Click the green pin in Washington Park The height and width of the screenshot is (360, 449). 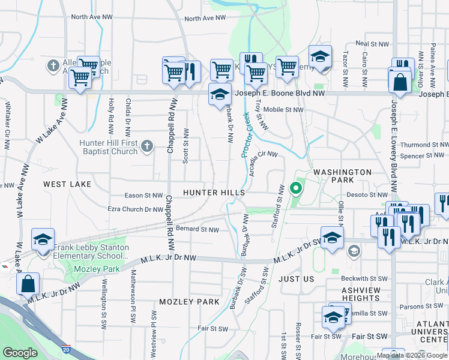pos(295,188)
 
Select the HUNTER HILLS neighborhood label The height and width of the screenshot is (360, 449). pos(214,193)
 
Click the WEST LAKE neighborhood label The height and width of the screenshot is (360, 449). pos(67,184)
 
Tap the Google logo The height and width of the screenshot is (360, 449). pos(20,353)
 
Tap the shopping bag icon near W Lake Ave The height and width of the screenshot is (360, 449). pos(28,284)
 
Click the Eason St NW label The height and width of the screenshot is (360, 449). pos(143,196)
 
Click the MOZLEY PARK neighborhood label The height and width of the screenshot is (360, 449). pos(190,302)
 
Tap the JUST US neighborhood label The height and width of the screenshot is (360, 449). pos(296,280)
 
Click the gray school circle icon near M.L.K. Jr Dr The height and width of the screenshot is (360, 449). pos(354,250)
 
